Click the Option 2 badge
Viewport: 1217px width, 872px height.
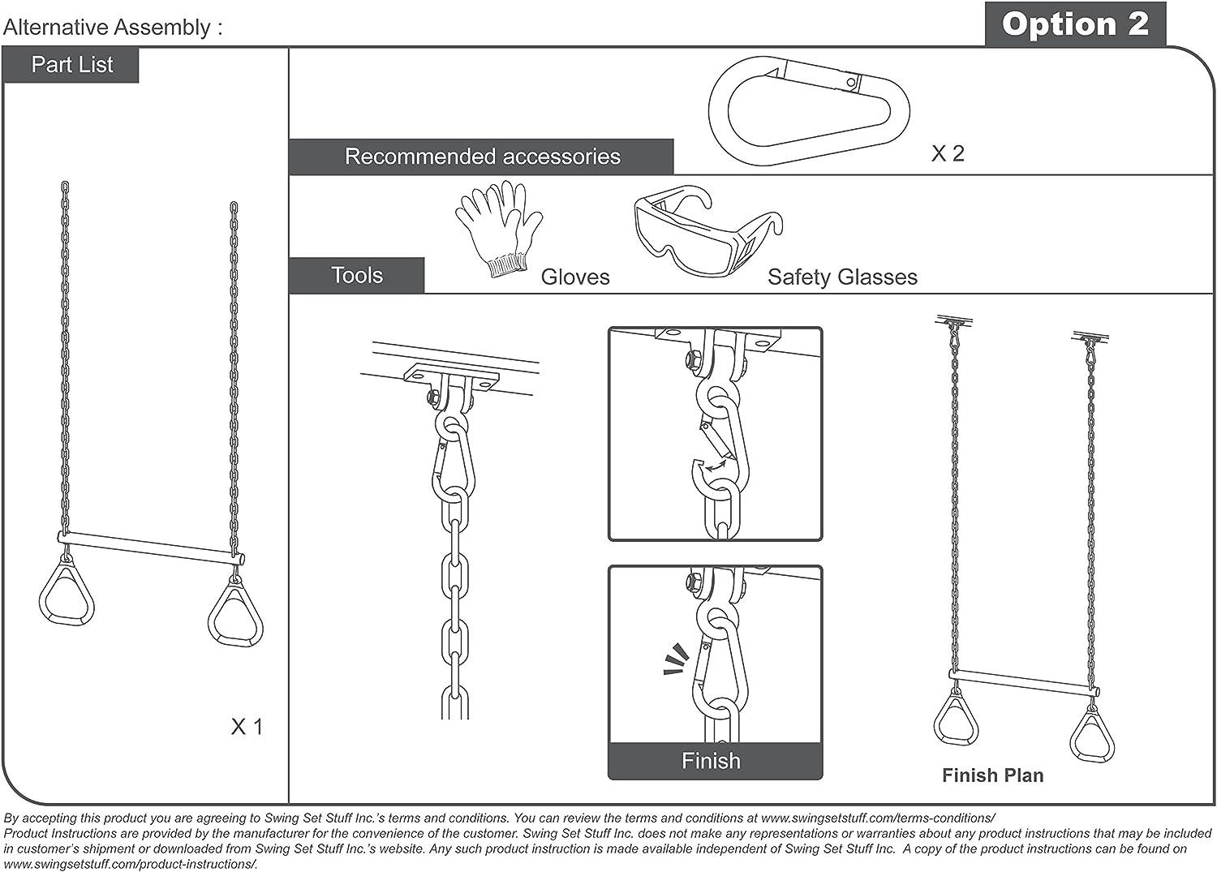1075,24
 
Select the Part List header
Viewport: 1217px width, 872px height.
71,65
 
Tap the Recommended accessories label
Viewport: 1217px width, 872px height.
482,157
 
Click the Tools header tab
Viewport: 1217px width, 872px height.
357,276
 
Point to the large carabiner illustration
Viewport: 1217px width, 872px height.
809,110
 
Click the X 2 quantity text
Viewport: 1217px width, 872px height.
947,153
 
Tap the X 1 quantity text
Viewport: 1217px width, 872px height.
247,727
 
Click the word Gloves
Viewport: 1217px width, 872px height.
574,277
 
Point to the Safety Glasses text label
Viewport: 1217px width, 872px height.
842,277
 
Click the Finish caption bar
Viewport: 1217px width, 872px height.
712,761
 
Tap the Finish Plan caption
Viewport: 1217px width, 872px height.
992,775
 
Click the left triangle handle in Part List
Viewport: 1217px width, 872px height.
67,591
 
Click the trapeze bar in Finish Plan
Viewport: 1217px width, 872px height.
1024,682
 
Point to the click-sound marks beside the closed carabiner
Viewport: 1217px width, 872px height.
675,659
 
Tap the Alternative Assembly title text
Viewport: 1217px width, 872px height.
113,28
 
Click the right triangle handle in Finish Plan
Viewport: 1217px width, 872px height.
1091,733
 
